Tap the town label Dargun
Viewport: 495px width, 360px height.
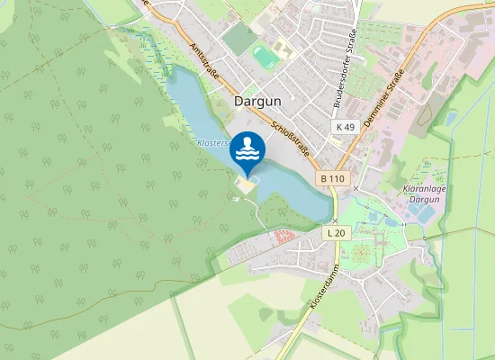[x=259, y=102]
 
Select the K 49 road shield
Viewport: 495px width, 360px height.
[x=346, y=128]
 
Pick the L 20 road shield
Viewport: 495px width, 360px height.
[x=336, y=232]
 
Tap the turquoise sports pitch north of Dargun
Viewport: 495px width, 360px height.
[x=265, y=58]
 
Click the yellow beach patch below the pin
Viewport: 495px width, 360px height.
[x=245, y=184]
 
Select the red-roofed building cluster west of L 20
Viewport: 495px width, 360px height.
[x=283, y=236]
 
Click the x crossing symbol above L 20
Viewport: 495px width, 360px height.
[x=334, y=220]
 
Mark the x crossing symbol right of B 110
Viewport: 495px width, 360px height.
[x=356, y=188]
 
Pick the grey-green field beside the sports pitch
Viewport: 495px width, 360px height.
[x=239, y=39]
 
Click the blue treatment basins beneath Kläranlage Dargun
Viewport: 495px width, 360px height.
[x=393, y=219]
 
